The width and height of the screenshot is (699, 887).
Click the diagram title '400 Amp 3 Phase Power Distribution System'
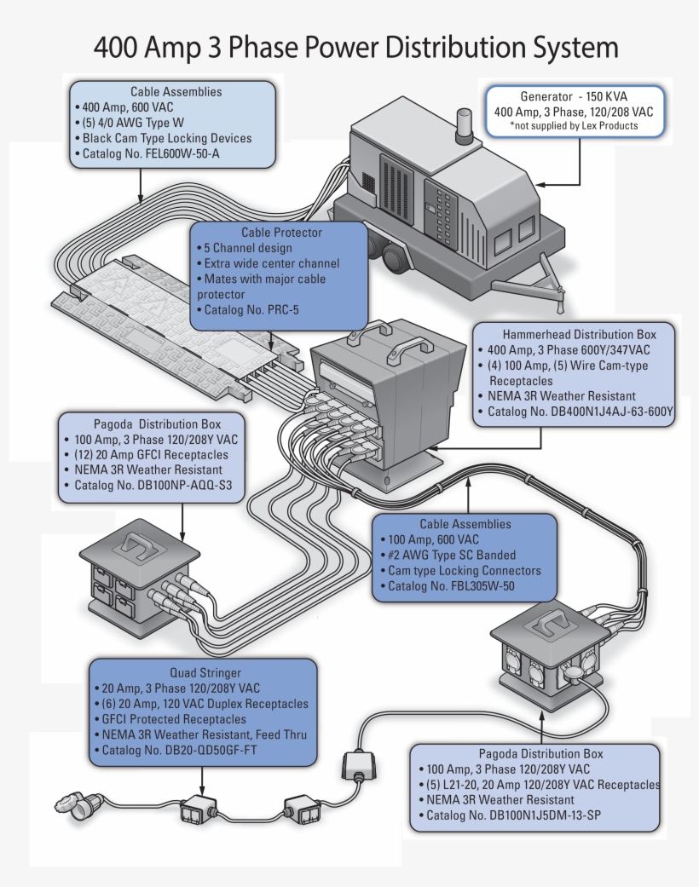[355, 47]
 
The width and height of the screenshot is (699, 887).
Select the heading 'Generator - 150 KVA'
[574, 97]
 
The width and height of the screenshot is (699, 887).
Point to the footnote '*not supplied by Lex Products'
[574, 126]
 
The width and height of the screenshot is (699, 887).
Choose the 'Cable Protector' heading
[281, 233]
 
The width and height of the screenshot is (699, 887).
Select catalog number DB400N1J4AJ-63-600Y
[580, 412]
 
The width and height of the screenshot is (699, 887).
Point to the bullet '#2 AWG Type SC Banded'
[451, 556]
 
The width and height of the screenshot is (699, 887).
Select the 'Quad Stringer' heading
[205, 673]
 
